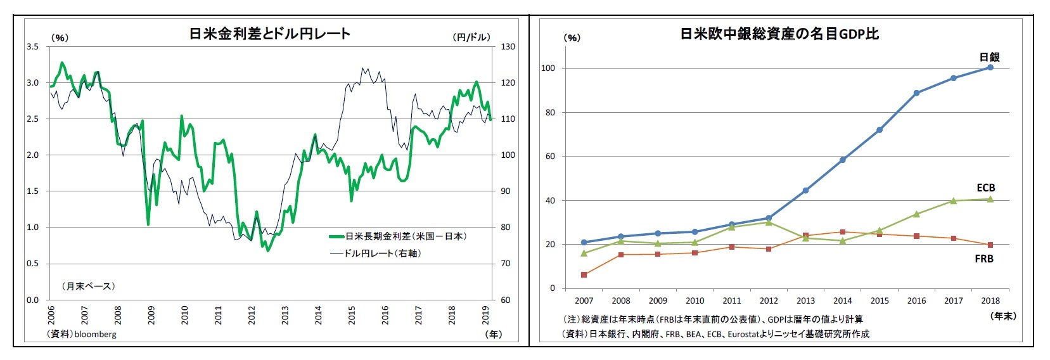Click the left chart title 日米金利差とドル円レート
point(269,34)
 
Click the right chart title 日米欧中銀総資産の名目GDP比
point(779,34)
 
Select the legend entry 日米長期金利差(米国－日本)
point(406,236)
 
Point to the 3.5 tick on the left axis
point(32,47)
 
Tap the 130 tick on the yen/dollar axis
point(508,47)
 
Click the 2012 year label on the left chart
point(252,315)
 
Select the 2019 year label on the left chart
point(485,315)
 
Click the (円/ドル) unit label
point(471,37)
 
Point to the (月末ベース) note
point(89,286)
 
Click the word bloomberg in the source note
point(95,334)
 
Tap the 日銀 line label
point(989,57)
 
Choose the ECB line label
point(985,188)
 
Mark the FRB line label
point(983,259)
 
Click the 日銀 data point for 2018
point(990,67)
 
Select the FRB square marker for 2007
point(584,275)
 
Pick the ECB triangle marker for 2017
point(953,201)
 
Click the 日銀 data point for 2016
point(916,93)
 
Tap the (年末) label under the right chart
point(1002,316)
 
